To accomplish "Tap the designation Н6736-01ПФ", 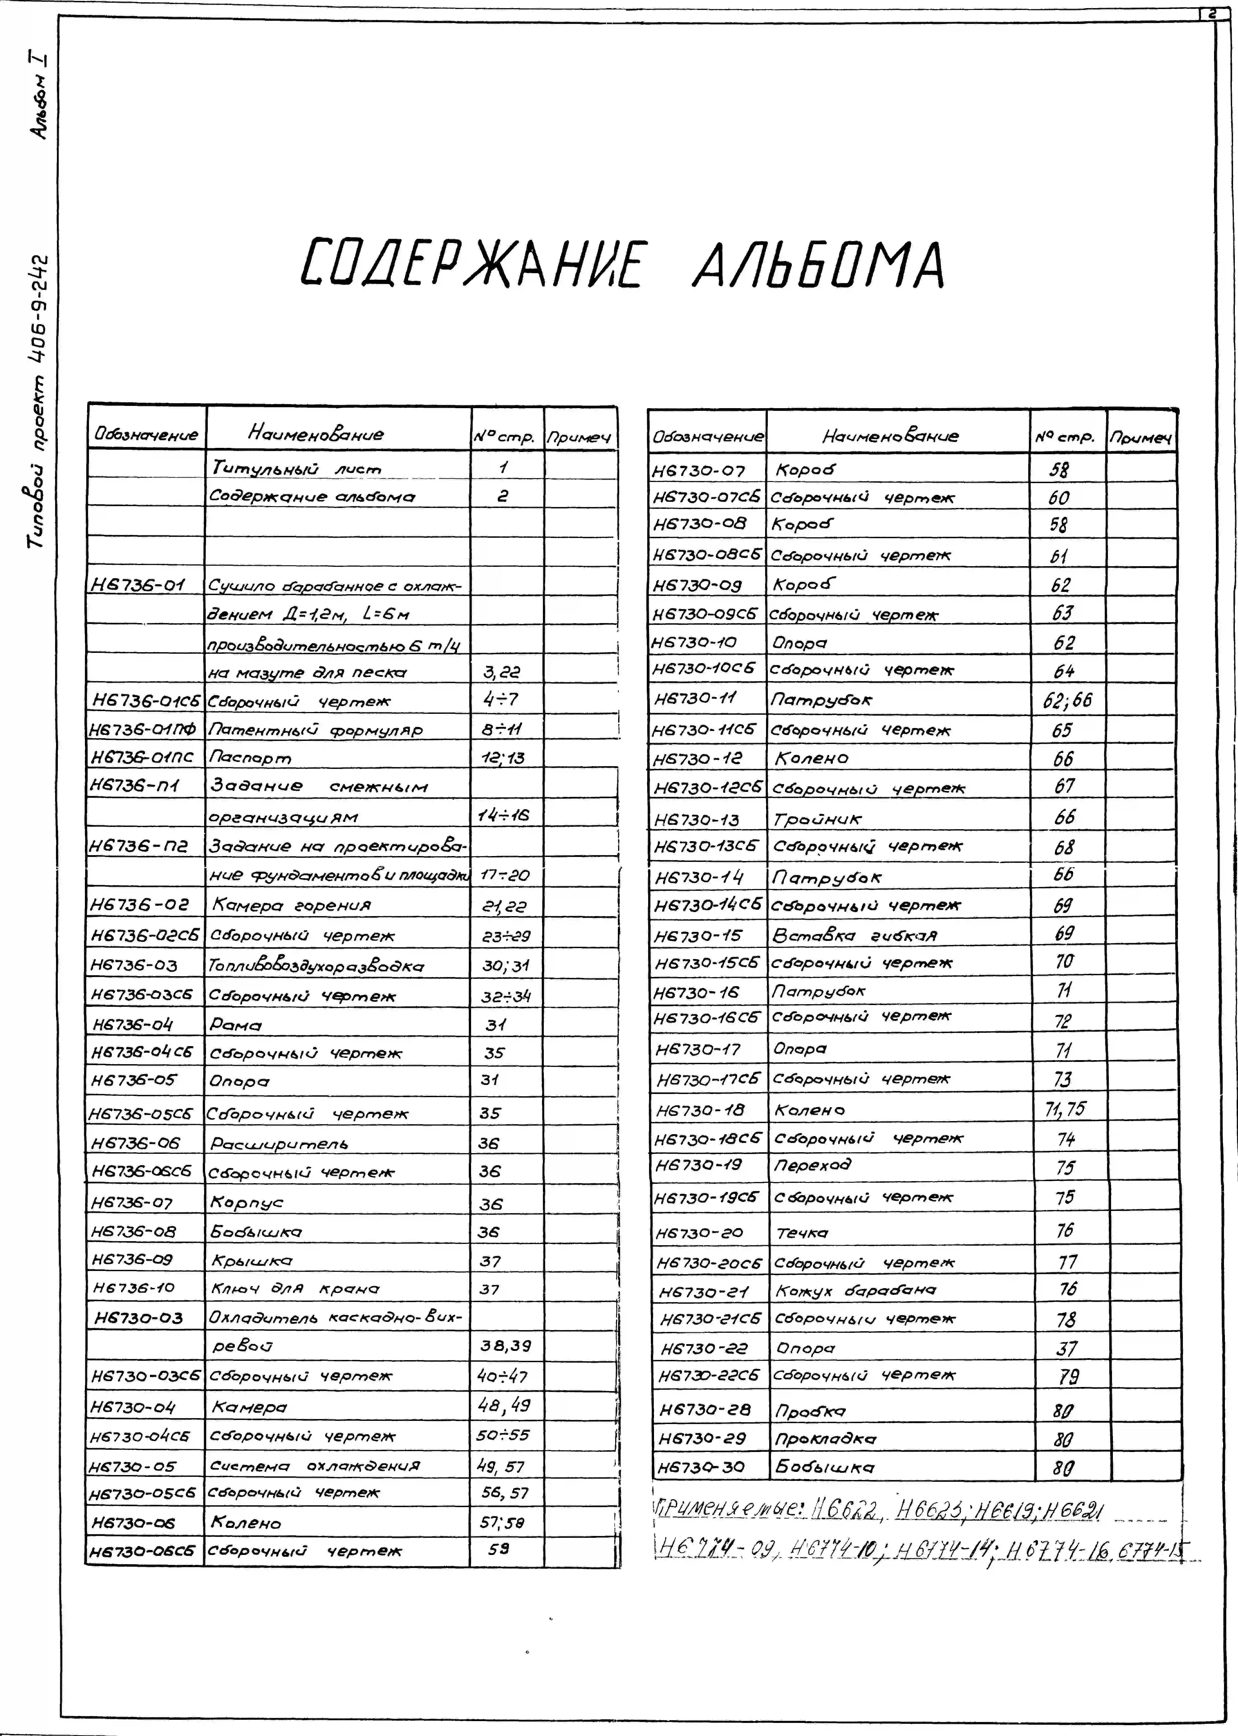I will pos(143,729).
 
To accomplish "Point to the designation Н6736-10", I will pos(134,1288).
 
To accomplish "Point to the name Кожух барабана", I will pos(856,1290).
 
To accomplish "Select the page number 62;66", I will pos(1067,700).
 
